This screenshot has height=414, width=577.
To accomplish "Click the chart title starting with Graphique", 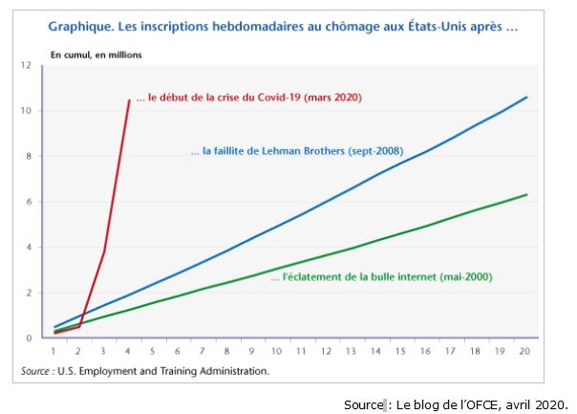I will click(x=283, y=27).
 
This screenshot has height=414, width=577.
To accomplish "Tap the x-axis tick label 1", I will click(x=53, y=352).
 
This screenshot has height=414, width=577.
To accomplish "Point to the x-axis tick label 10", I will click(x=277, y=352).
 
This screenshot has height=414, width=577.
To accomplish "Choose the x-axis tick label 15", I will click(x=401, y=352).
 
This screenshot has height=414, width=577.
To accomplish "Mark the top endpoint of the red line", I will click(x=130, y=99).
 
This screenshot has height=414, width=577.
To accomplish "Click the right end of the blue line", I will click(x=526, y=98).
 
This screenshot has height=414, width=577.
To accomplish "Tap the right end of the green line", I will click(x=526, y=195).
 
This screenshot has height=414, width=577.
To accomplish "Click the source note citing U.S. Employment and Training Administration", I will click(x=145, y=370).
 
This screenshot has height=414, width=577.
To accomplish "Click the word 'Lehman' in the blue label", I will click(x=273, y=151).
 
